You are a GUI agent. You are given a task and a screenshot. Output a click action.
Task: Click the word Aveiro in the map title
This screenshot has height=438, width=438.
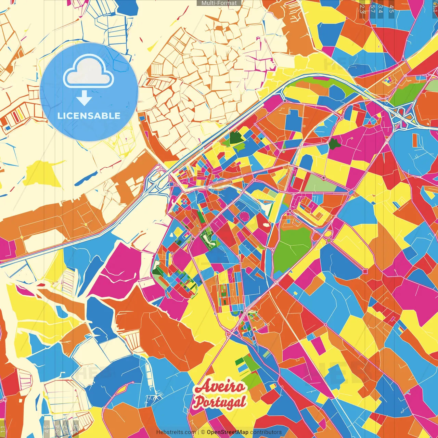[220, 387]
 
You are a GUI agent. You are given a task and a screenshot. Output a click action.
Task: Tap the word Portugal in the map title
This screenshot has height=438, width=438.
[219, 402]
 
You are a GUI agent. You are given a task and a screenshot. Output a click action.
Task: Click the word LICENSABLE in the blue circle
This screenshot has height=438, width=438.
[89, 116]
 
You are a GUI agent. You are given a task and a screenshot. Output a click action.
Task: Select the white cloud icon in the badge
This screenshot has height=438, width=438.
[88, 73]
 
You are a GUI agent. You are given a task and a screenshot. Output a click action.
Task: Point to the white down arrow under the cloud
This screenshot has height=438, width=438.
[84, 98]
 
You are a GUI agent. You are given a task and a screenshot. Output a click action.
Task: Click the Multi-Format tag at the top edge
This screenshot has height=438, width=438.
[219, 3]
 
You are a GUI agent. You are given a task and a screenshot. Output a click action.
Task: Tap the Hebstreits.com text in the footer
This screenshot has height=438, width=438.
[176, 432]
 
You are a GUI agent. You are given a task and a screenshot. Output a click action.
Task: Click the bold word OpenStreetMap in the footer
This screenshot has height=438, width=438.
[227, 432]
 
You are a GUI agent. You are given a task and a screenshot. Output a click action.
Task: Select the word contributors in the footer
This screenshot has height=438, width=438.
[266, 432]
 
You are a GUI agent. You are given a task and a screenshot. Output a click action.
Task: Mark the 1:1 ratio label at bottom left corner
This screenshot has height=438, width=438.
[3, 429]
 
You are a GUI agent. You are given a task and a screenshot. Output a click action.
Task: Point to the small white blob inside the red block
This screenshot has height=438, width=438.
[266, 225]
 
